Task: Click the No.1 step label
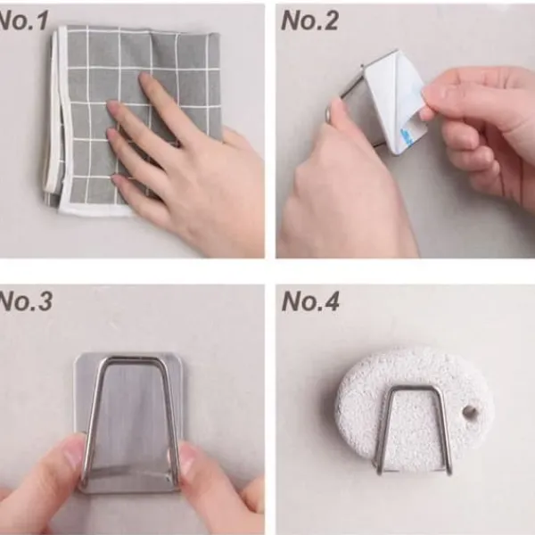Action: (23, 21)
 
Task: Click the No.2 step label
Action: (309, 21)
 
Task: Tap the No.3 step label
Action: (25, 301)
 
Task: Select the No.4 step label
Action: (310, 301)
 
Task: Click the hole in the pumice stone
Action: (470, 412)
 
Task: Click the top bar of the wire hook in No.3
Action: (131, 358)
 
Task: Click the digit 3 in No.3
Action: (45, 301)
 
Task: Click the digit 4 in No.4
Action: (330, 301)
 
